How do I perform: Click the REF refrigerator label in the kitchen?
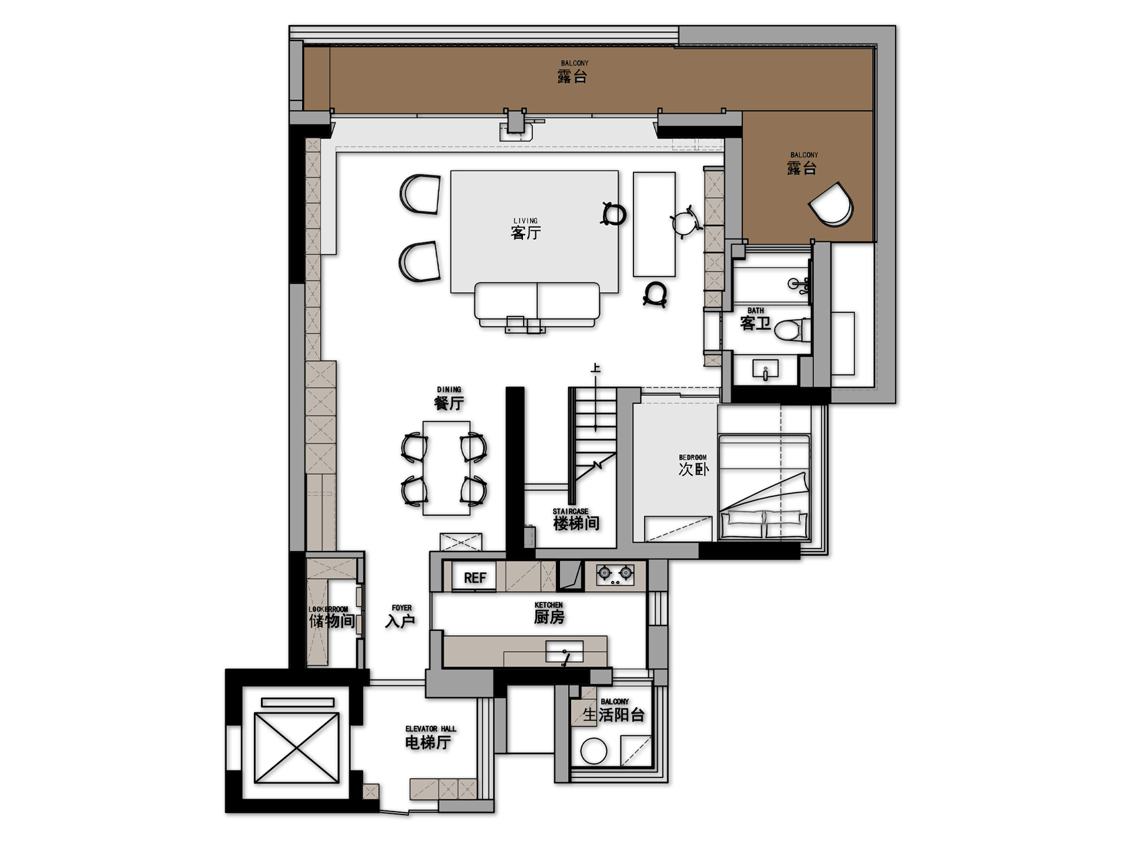(474, 578)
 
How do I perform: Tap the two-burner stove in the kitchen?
(615, 574)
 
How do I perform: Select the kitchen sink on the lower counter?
(564, 651)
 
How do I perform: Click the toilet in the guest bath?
(791, 330)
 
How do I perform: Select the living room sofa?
(537, 302)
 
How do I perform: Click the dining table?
(446, 468)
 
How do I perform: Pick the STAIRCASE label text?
(570, 512)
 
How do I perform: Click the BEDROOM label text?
(693, 458)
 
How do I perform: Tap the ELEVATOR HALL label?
(430, 729)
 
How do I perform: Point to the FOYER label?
(402, 608)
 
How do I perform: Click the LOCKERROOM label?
(328, 609)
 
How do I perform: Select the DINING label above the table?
(449, 390)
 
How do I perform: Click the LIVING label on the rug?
(525, 221)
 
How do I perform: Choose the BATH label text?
(755, 310)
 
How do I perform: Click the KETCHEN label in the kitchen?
(548, 605)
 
